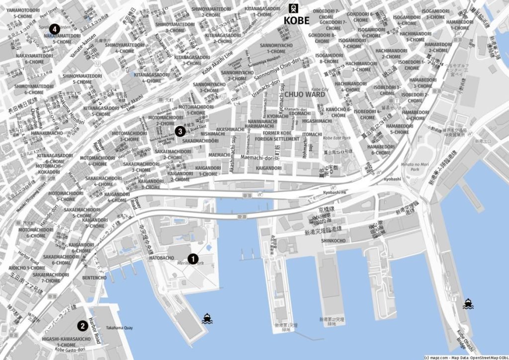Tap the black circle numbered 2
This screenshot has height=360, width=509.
click(82, 326)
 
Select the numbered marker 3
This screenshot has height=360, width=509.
click(180, 131)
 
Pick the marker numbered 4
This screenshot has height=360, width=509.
click(54, 29)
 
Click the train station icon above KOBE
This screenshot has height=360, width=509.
click(294, 8)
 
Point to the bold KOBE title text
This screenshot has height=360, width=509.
click(296, 20)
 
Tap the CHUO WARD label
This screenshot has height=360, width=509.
click(305, 93)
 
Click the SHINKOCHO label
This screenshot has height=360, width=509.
click(333, 241)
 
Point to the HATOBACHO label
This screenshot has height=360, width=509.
click(162, 258)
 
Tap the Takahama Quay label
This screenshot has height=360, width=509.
click(119, 328)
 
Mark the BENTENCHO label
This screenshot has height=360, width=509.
click(94, 278)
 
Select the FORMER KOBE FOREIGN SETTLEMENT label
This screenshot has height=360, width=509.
click(281, 136)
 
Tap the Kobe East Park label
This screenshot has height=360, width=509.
click(337, 138)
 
